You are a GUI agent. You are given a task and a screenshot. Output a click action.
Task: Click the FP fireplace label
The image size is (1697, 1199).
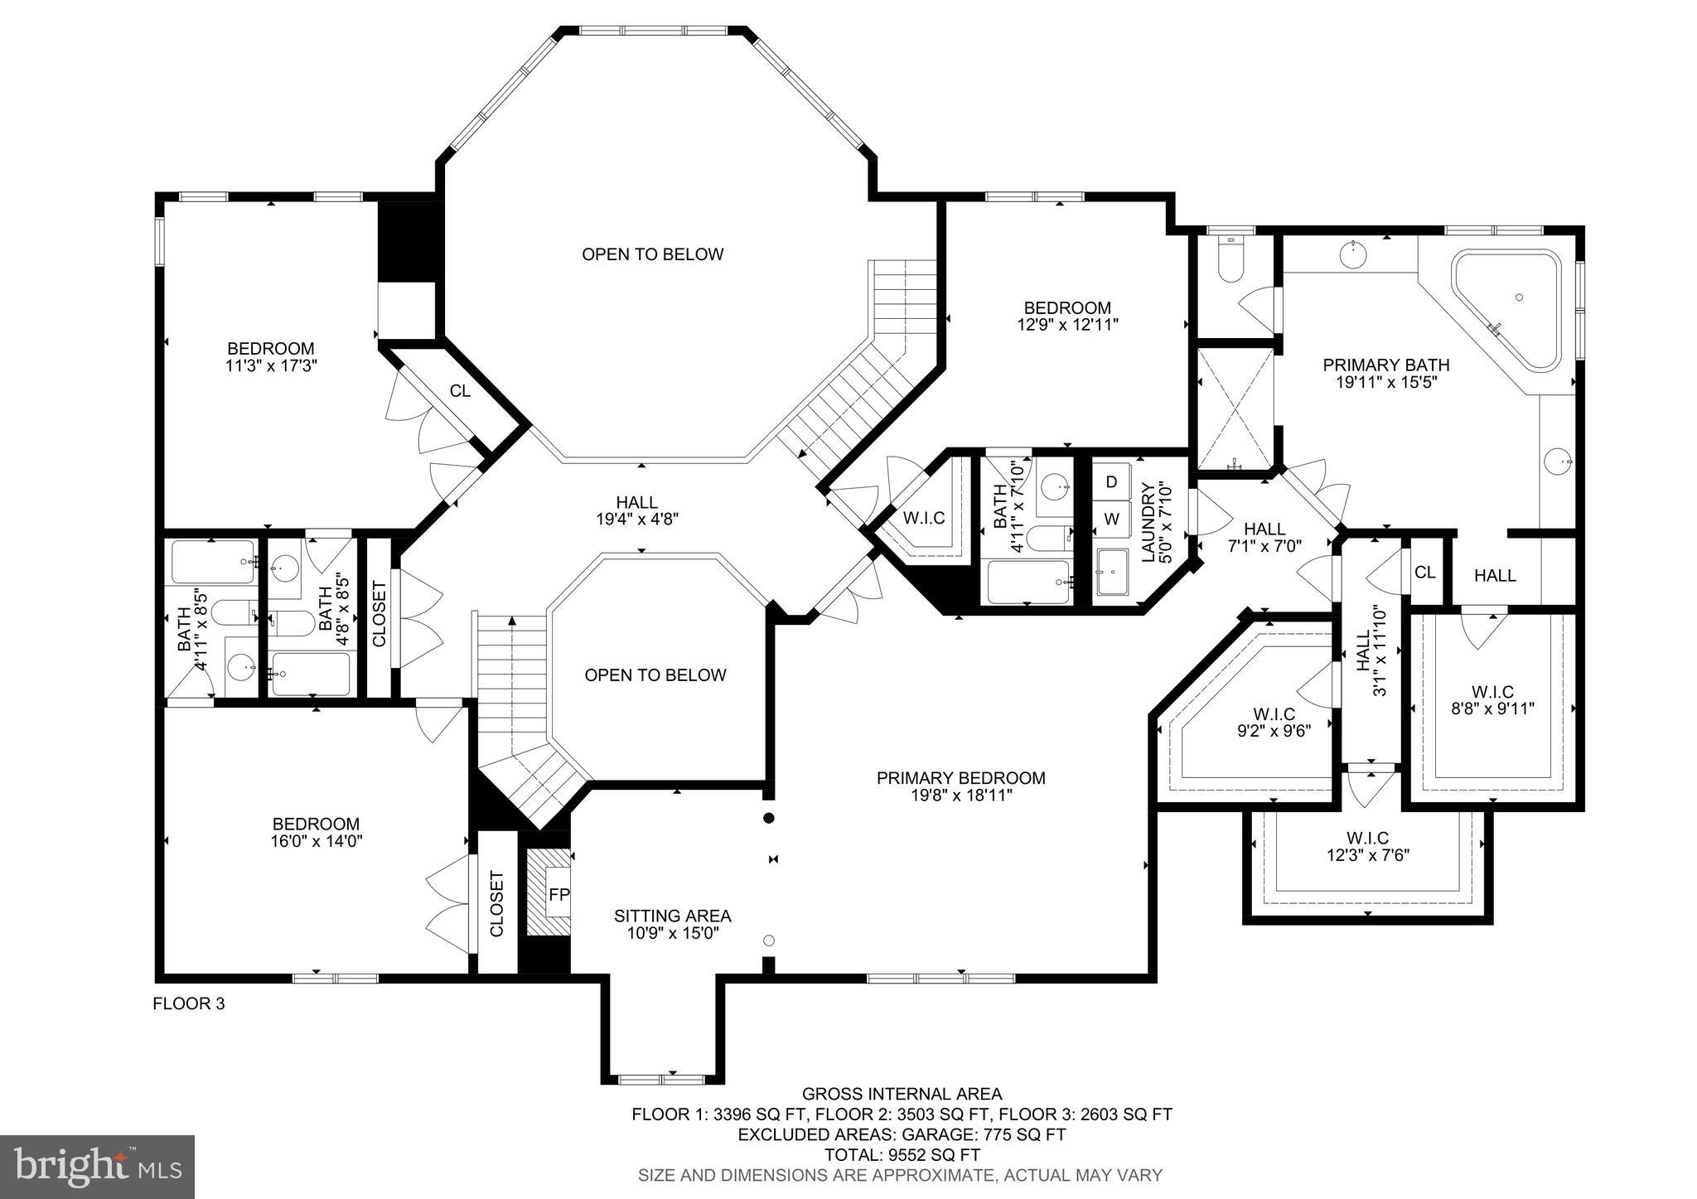tap(559, 895)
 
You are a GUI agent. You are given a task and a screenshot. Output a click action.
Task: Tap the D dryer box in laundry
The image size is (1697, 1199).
tap(1112, 481)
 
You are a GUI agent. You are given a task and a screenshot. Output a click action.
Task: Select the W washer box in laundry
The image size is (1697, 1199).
tap(1112, 520)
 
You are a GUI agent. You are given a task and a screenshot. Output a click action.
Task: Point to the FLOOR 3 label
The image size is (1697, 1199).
tap(189, 1003)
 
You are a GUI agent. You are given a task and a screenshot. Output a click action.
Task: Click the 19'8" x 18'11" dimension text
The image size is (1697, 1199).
tap(960, 795)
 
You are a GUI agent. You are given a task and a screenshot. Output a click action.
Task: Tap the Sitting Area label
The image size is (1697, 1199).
tap(672, 916)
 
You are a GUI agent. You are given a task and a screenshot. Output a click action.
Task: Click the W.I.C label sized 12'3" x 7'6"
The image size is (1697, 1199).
tap(1367, 838)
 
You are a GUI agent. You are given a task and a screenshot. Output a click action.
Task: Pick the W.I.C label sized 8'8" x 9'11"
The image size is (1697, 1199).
tap(1492, 692)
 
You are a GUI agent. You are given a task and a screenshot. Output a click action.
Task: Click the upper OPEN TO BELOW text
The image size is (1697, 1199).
tap(652, 254)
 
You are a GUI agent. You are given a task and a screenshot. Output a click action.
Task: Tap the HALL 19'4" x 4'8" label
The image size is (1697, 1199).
tap(636, 502)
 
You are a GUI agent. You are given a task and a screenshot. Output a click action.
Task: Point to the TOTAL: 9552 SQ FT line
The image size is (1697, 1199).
tap(902, 1154)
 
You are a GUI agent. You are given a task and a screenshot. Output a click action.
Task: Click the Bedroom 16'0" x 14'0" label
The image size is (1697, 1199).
tap(317, 824)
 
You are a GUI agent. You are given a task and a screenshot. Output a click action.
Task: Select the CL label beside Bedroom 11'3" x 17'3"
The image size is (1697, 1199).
tap(460, 390)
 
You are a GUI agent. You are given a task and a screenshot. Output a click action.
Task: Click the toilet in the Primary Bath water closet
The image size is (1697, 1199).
tap(1230, 261)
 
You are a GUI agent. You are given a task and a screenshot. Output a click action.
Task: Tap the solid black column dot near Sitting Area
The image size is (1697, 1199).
tap(768, 818)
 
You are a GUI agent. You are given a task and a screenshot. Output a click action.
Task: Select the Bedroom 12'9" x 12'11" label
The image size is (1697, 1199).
tap(1067, 308)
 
